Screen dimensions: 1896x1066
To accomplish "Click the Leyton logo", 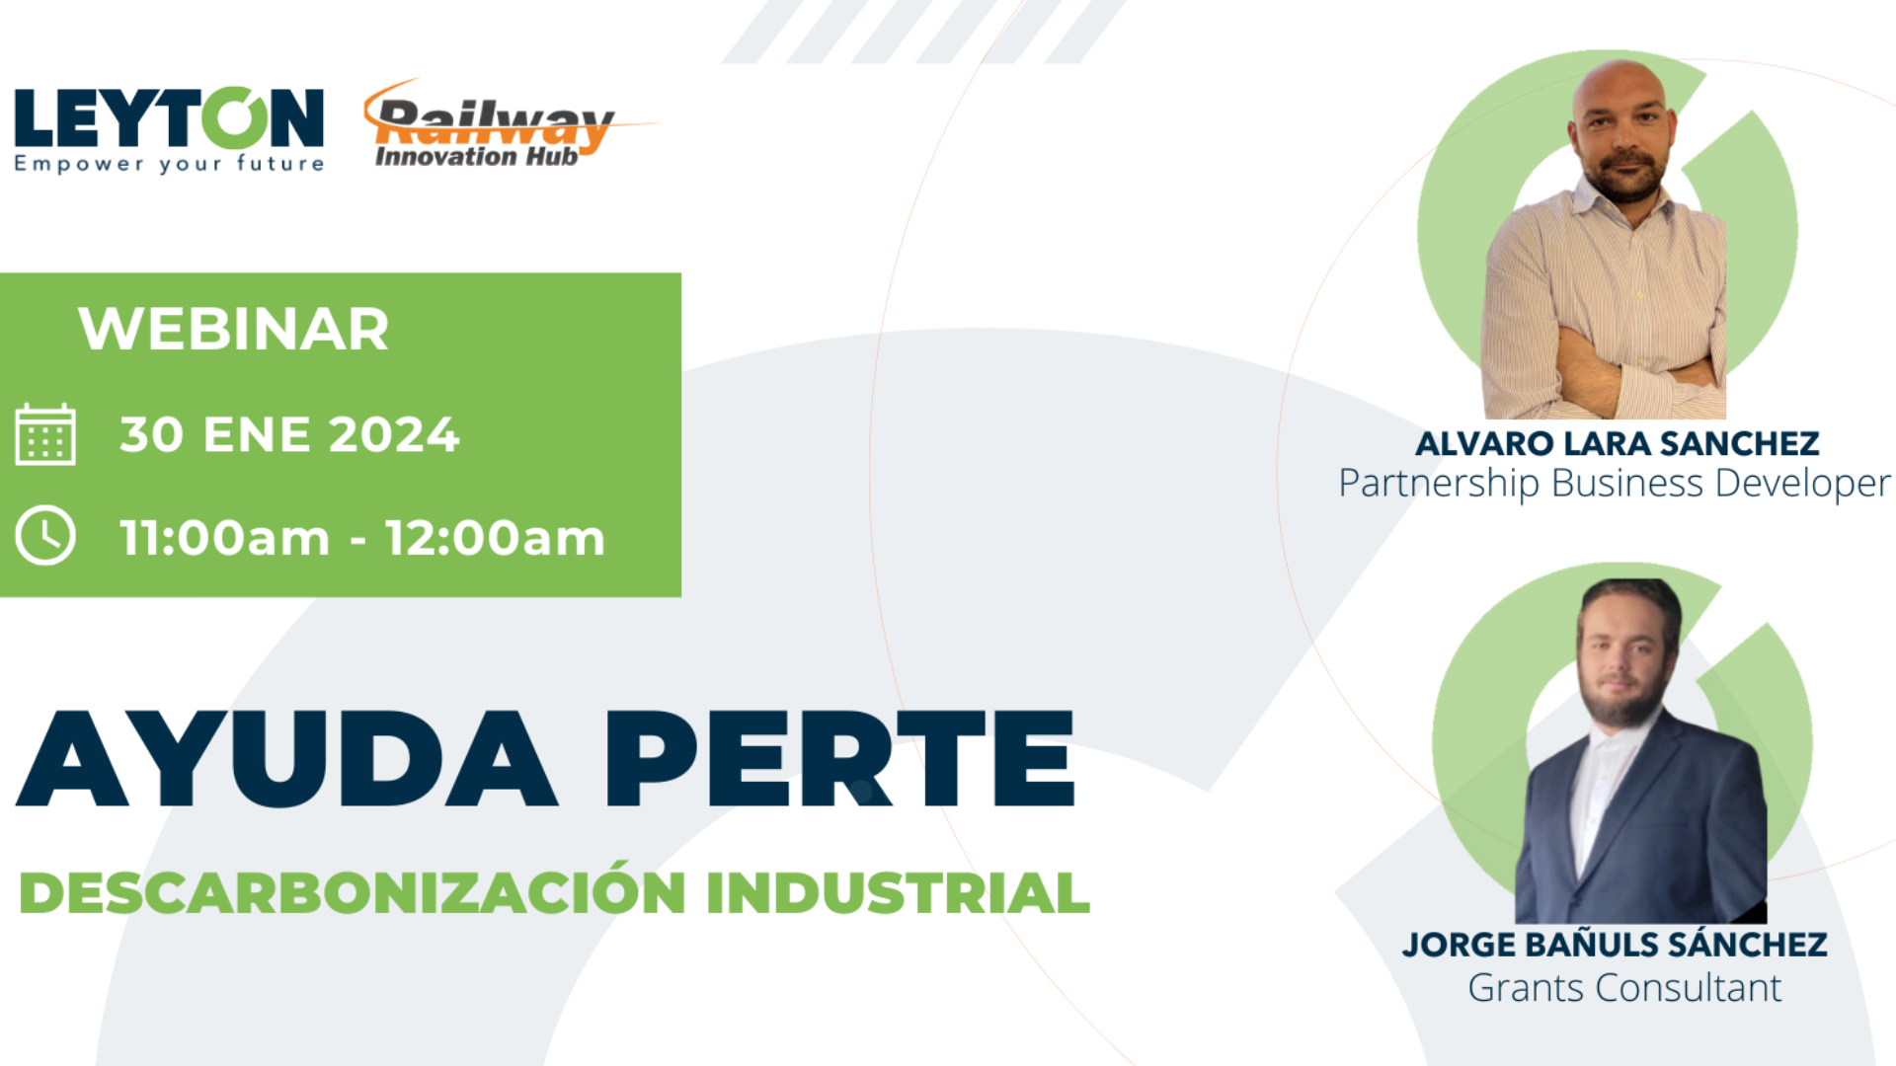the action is [x=169, y=129].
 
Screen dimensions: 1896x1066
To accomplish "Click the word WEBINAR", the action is [x=234, y=329].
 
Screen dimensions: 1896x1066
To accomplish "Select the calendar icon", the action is [x=45, y=434].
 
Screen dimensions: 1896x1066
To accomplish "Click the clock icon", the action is [x=45, y=536].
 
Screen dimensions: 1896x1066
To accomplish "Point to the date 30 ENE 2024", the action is [x=289, y=434].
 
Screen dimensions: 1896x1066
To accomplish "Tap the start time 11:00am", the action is [x=225, y=538].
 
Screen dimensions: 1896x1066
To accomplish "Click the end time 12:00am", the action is [x=495, y=538].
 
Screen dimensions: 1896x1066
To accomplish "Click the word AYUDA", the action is [x=286, y=758].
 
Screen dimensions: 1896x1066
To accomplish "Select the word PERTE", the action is [x=839, y=758].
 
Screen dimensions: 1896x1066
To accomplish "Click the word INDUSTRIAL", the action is [x=898, y=893].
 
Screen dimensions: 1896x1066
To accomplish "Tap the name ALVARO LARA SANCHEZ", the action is [x=1617, y=443].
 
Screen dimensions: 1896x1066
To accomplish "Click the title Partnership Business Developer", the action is [x=1615, y=484].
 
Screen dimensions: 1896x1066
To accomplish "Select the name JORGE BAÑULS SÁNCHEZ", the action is [x=1615, y=944].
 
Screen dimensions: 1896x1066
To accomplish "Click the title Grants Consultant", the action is [x=1624, y=987].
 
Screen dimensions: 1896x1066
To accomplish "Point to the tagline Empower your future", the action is [x=169, y=164].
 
